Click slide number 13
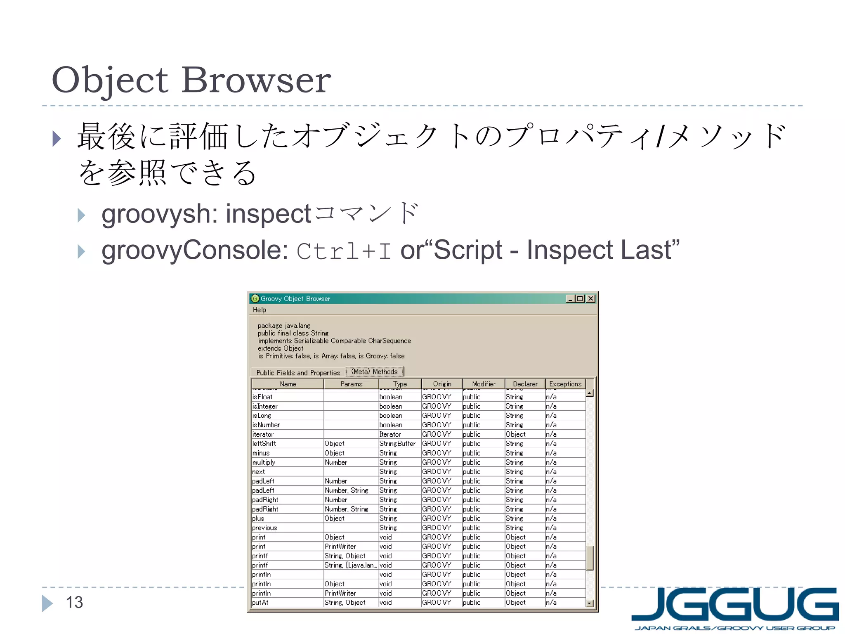click(x=74, y=602)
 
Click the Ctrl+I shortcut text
click(x=344, y=251)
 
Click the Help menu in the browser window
click(x=259, y=310)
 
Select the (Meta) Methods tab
click(x=374, y=372)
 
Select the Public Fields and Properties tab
click(x=298, y=373)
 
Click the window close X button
click(x=591, y=298)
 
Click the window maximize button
click(x=580, y=298)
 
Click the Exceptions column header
click(x=565, y=384)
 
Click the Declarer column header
click(x=525, y=384)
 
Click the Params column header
click(x=351, y=384)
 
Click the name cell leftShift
click(x=264, y=444)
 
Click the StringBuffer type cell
click(x=397, y=444)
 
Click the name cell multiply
click(x=264, y=462)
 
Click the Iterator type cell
click(x=390, y=434)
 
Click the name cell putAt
click(x=260, y=603)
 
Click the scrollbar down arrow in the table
click(x=590, y=603)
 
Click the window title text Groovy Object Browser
click(x=295, y=298)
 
